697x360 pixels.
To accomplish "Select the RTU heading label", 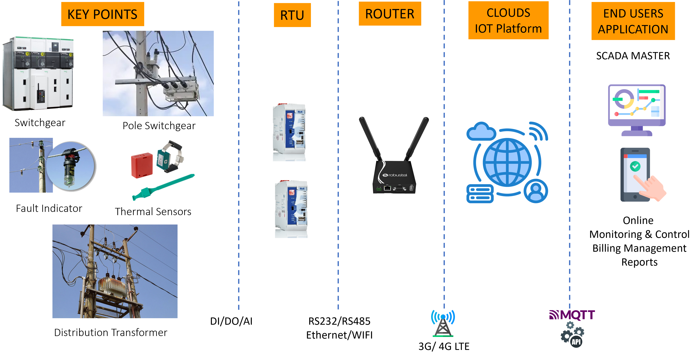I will (292, 15).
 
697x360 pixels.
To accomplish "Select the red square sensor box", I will (141, 166).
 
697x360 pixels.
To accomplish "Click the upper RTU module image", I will (284, 130).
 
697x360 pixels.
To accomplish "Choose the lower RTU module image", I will (286, 207).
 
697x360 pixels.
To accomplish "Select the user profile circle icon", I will (536, 191).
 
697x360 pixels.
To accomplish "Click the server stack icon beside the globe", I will (480, 194).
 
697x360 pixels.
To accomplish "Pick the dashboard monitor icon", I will (637, 110).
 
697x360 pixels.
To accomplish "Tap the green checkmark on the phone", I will (635, 166).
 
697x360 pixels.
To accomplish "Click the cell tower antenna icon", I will (443, 323).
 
